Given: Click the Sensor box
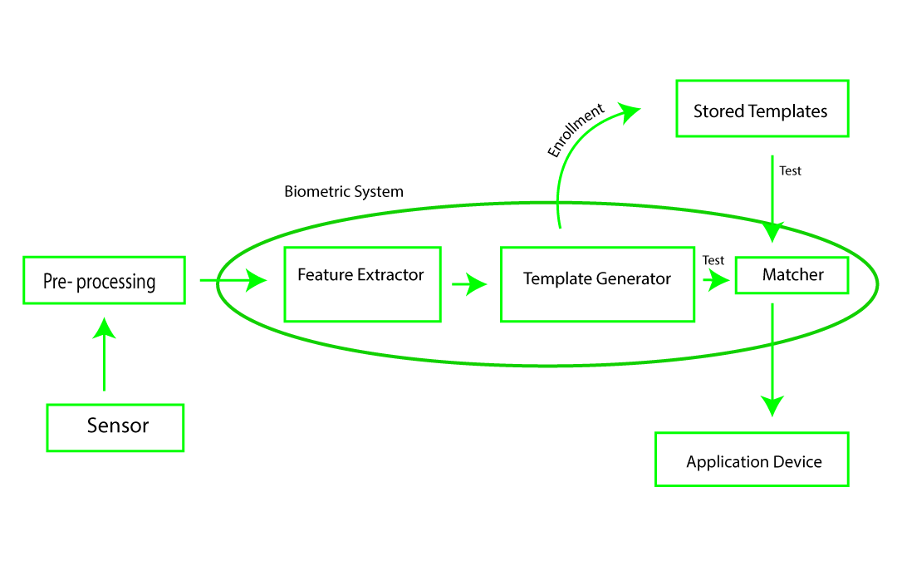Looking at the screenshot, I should point(115,428).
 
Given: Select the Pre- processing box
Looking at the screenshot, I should point(103,280).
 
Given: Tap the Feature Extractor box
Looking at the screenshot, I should point(362,284).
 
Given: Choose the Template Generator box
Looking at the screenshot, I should point(597,284).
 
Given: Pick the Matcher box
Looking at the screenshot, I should point(792,275).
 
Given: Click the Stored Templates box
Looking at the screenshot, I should point(762,109).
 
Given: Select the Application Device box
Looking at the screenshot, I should point(752,459).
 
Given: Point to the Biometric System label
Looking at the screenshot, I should point(344,192).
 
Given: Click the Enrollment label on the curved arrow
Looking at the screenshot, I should point(576,130).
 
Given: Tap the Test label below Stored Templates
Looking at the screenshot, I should point(791,171).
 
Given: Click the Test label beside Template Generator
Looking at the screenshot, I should point(713,260).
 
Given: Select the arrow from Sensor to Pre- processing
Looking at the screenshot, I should point(104,357).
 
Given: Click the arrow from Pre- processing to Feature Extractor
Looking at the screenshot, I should point(233,281).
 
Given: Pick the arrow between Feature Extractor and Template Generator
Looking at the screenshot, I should point(469,285).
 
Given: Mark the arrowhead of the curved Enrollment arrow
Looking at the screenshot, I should point(630,110).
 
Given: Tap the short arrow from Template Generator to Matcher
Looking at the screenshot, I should point(716,280).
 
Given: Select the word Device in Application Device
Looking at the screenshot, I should point(797,462).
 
